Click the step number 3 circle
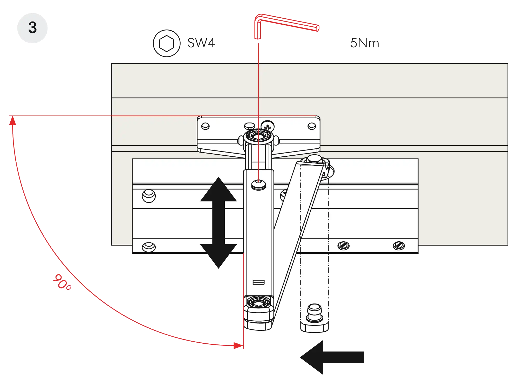[x=32, y=28]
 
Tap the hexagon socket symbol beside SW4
[x=166, y=43]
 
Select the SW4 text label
[x=201, y=43]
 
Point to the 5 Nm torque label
[x=365, y=43]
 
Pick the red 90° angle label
[x=62, y=282]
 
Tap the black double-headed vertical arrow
[x=218, y=223]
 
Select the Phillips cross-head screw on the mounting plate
[x=268, y=127]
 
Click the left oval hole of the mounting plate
[x=205, y=126]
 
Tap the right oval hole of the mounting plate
[x=312, y=126]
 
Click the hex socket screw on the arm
[x=258, y=184]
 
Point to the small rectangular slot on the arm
[x=258, y=282]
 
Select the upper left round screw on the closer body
[x=149, y=196]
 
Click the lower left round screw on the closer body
[x=149, y=247]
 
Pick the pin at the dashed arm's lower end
[x=315, y=313]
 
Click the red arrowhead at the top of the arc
[x=12, y=121]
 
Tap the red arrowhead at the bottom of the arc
[x=237, y=345]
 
